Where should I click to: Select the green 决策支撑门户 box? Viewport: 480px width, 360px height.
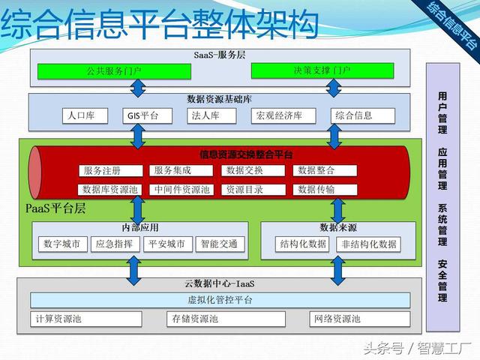pyautogui.click(x=322, y=72)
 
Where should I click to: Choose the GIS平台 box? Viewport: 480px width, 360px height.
pyautogui.click(x=142, y=115)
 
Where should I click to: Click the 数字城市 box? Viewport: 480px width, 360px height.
pyautogui.click(x=62, y=244)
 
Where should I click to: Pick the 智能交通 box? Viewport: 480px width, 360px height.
pyautogui.click(x=218, y=244)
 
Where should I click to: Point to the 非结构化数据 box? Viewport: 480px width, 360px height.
pyautogui.click(x=368, y=244)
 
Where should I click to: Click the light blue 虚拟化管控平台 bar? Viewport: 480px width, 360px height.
pyautogui.click(x=220, y=300)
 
